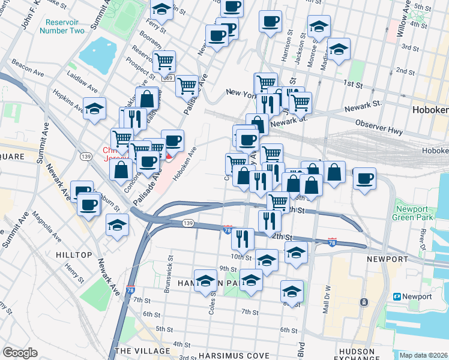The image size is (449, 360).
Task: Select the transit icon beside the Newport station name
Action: coord(397,296)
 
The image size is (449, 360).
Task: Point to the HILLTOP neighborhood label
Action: coord(74,255)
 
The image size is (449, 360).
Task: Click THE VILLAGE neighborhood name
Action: coord(142,350)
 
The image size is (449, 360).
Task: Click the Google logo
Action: coord(20,353)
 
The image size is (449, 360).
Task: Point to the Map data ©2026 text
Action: coord(423,355)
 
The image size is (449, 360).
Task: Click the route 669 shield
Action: coord(167,78)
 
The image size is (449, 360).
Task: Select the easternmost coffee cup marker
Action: coord(364,178)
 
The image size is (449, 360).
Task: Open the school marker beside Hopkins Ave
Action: coord(94,108)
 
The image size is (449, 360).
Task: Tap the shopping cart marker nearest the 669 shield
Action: coord(163,61)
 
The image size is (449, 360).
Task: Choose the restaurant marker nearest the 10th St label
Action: coord(243,238)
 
